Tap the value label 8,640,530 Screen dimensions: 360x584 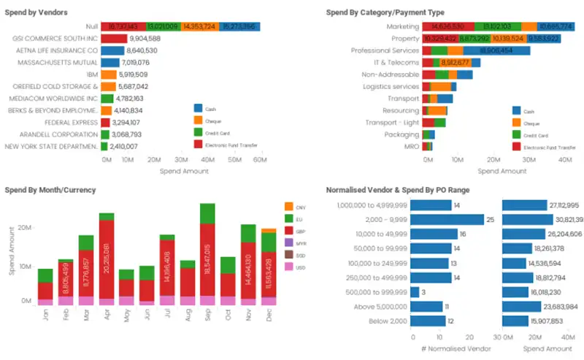tap(148, 51)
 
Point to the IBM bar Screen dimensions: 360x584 tap(108, 74)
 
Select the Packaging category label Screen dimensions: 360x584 tap(402, 134)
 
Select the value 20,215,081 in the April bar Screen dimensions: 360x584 tap(107, 257)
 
